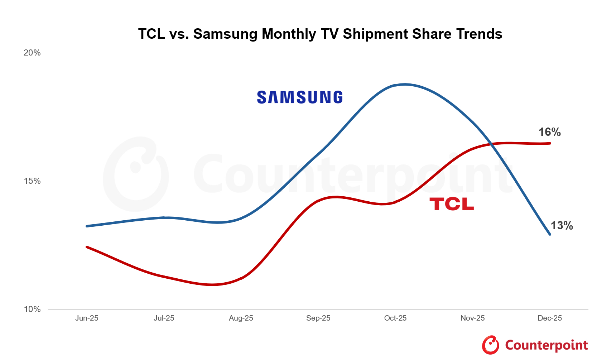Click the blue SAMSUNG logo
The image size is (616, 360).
(x=300, y=97)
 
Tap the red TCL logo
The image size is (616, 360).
(x=452, y=204)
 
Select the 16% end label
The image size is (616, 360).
(x=549, y=132)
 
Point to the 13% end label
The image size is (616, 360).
(x=561, y=226)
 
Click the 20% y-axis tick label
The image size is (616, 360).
(x=32, y=53)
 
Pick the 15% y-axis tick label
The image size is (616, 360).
(x=32, y=181)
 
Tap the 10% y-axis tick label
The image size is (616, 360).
(x=32, y=309)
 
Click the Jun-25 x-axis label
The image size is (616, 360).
(x=87, y=318)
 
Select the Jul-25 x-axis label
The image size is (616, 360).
(x=164, y=318)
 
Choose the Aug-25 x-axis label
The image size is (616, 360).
(x=241, y=318)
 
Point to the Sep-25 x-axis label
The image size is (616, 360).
(x=318, y=318)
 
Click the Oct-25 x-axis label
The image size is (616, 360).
(x=395, y=318)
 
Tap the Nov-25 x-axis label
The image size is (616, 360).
(x=472, y=318)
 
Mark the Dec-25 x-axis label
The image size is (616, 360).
(x=550, y=318)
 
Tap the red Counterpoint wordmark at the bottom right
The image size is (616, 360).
(x=546, y=345)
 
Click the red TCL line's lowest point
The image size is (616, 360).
(x=212, y=285)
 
